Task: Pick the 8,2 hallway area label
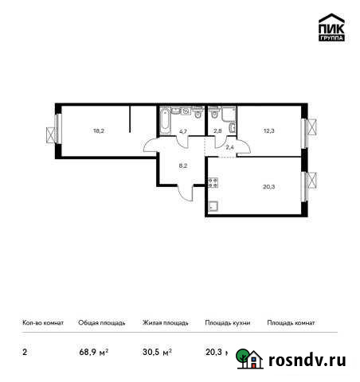pyautogui.click(x=182, y=167)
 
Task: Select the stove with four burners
pyautogui.click(x=213, y=182)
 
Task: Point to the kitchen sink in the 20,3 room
pyautogui.click(x=213, y=208)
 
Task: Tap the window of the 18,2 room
pyautogui.click(x=55, y=128)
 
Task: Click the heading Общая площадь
pyautogui.click(x=101, y=323)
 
